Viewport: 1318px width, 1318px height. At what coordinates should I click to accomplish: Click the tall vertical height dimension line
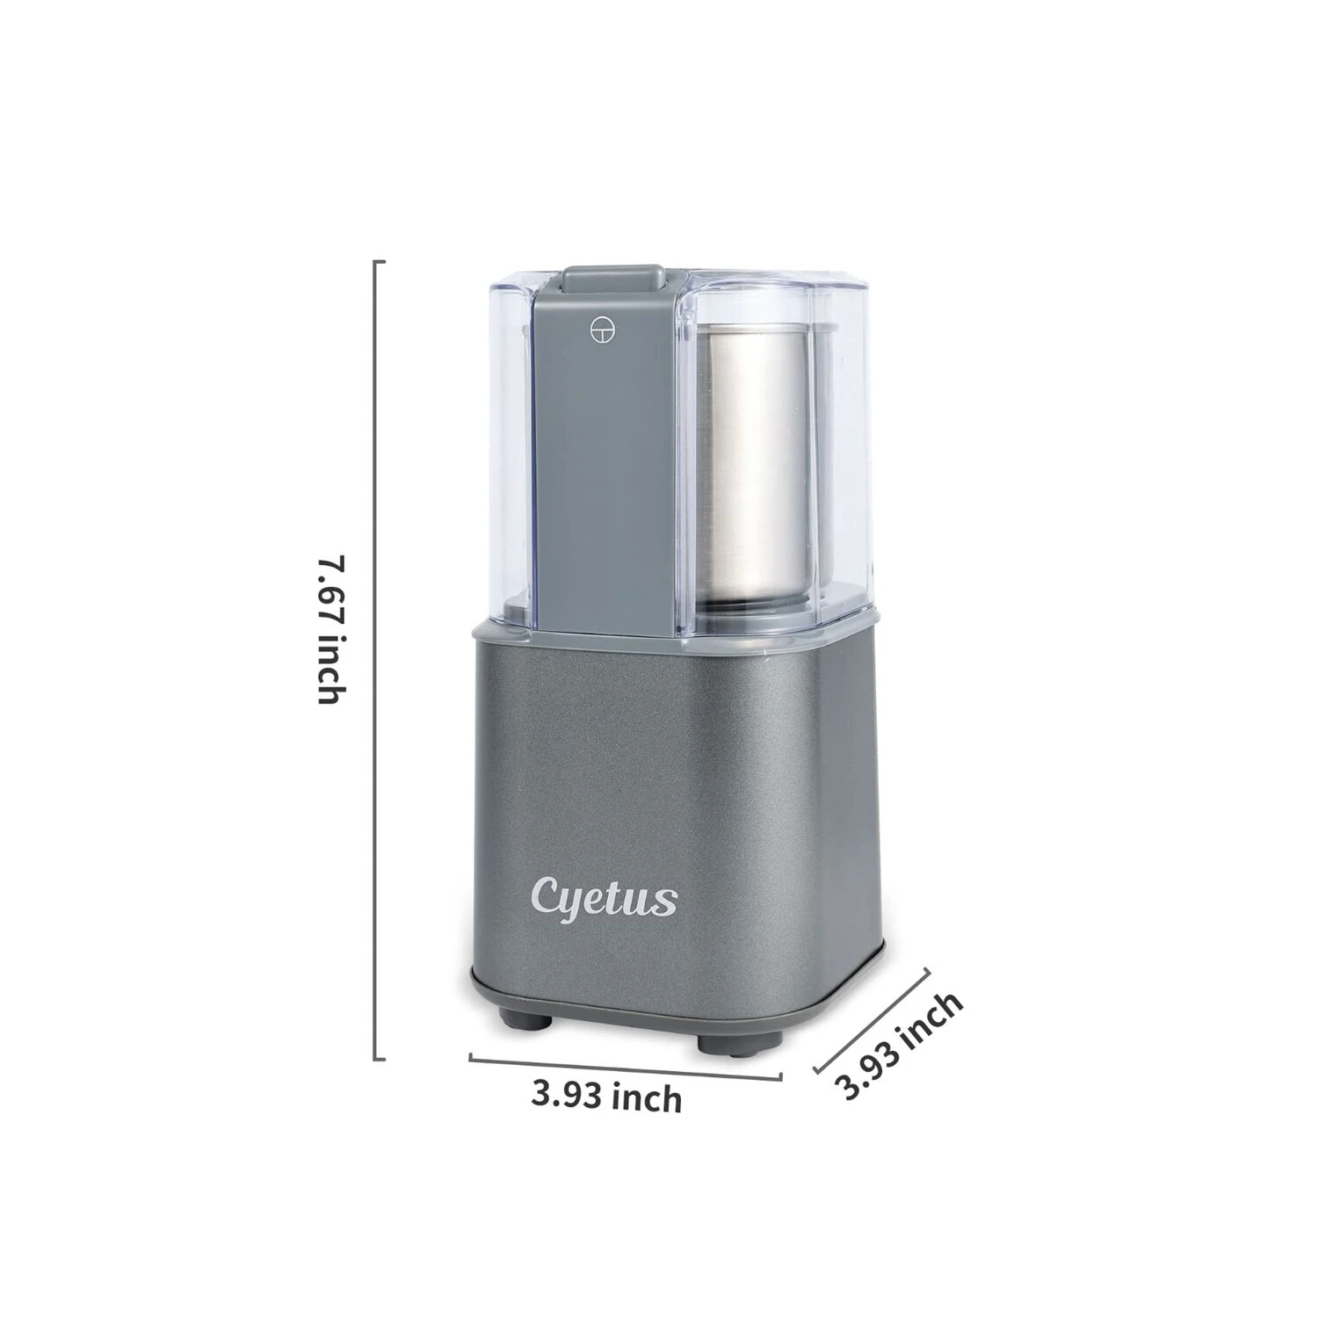(379, 661)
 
